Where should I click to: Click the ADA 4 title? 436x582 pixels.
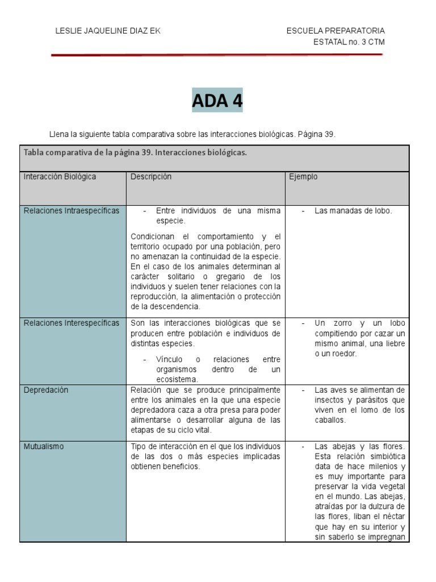pyautogui.click(x=217, y=101)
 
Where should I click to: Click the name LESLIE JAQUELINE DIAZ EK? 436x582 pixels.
pyautogui.click(x=108, y=31)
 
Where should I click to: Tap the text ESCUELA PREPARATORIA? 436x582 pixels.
pyautogui.click(x=336, y=31)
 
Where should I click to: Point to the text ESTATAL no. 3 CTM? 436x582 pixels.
pyautogui.click(x=349, y=41)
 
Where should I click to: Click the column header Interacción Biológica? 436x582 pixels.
pyautogui.click(x=60, y=177)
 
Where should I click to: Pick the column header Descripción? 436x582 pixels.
pyautogui.click(x=151, y=177)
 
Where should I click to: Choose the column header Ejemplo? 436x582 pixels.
pyautogui.click(x=304, y=177)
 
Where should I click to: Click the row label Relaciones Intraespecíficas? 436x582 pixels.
pyautogui.click(x=72, y=211)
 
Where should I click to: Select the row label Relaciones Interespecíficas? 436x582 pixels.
pyautogui.click(x=72, y=323)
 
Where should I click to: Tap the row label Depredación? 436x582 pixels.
pyautogui.click(x=46, y=390)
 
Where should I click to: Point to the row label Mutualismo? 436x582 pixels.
pyautogui.click(x=44, y=446)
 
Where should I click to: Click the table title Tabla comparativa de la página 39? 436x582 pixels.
pyautogui.click(x=135, y=153)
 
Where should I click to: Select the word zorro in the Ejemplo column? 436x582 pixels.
pyautogui.click(x=341, y=323)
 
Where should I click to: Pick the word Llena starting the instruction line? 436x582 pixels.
pyautogui.click(x=58, y=135)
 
